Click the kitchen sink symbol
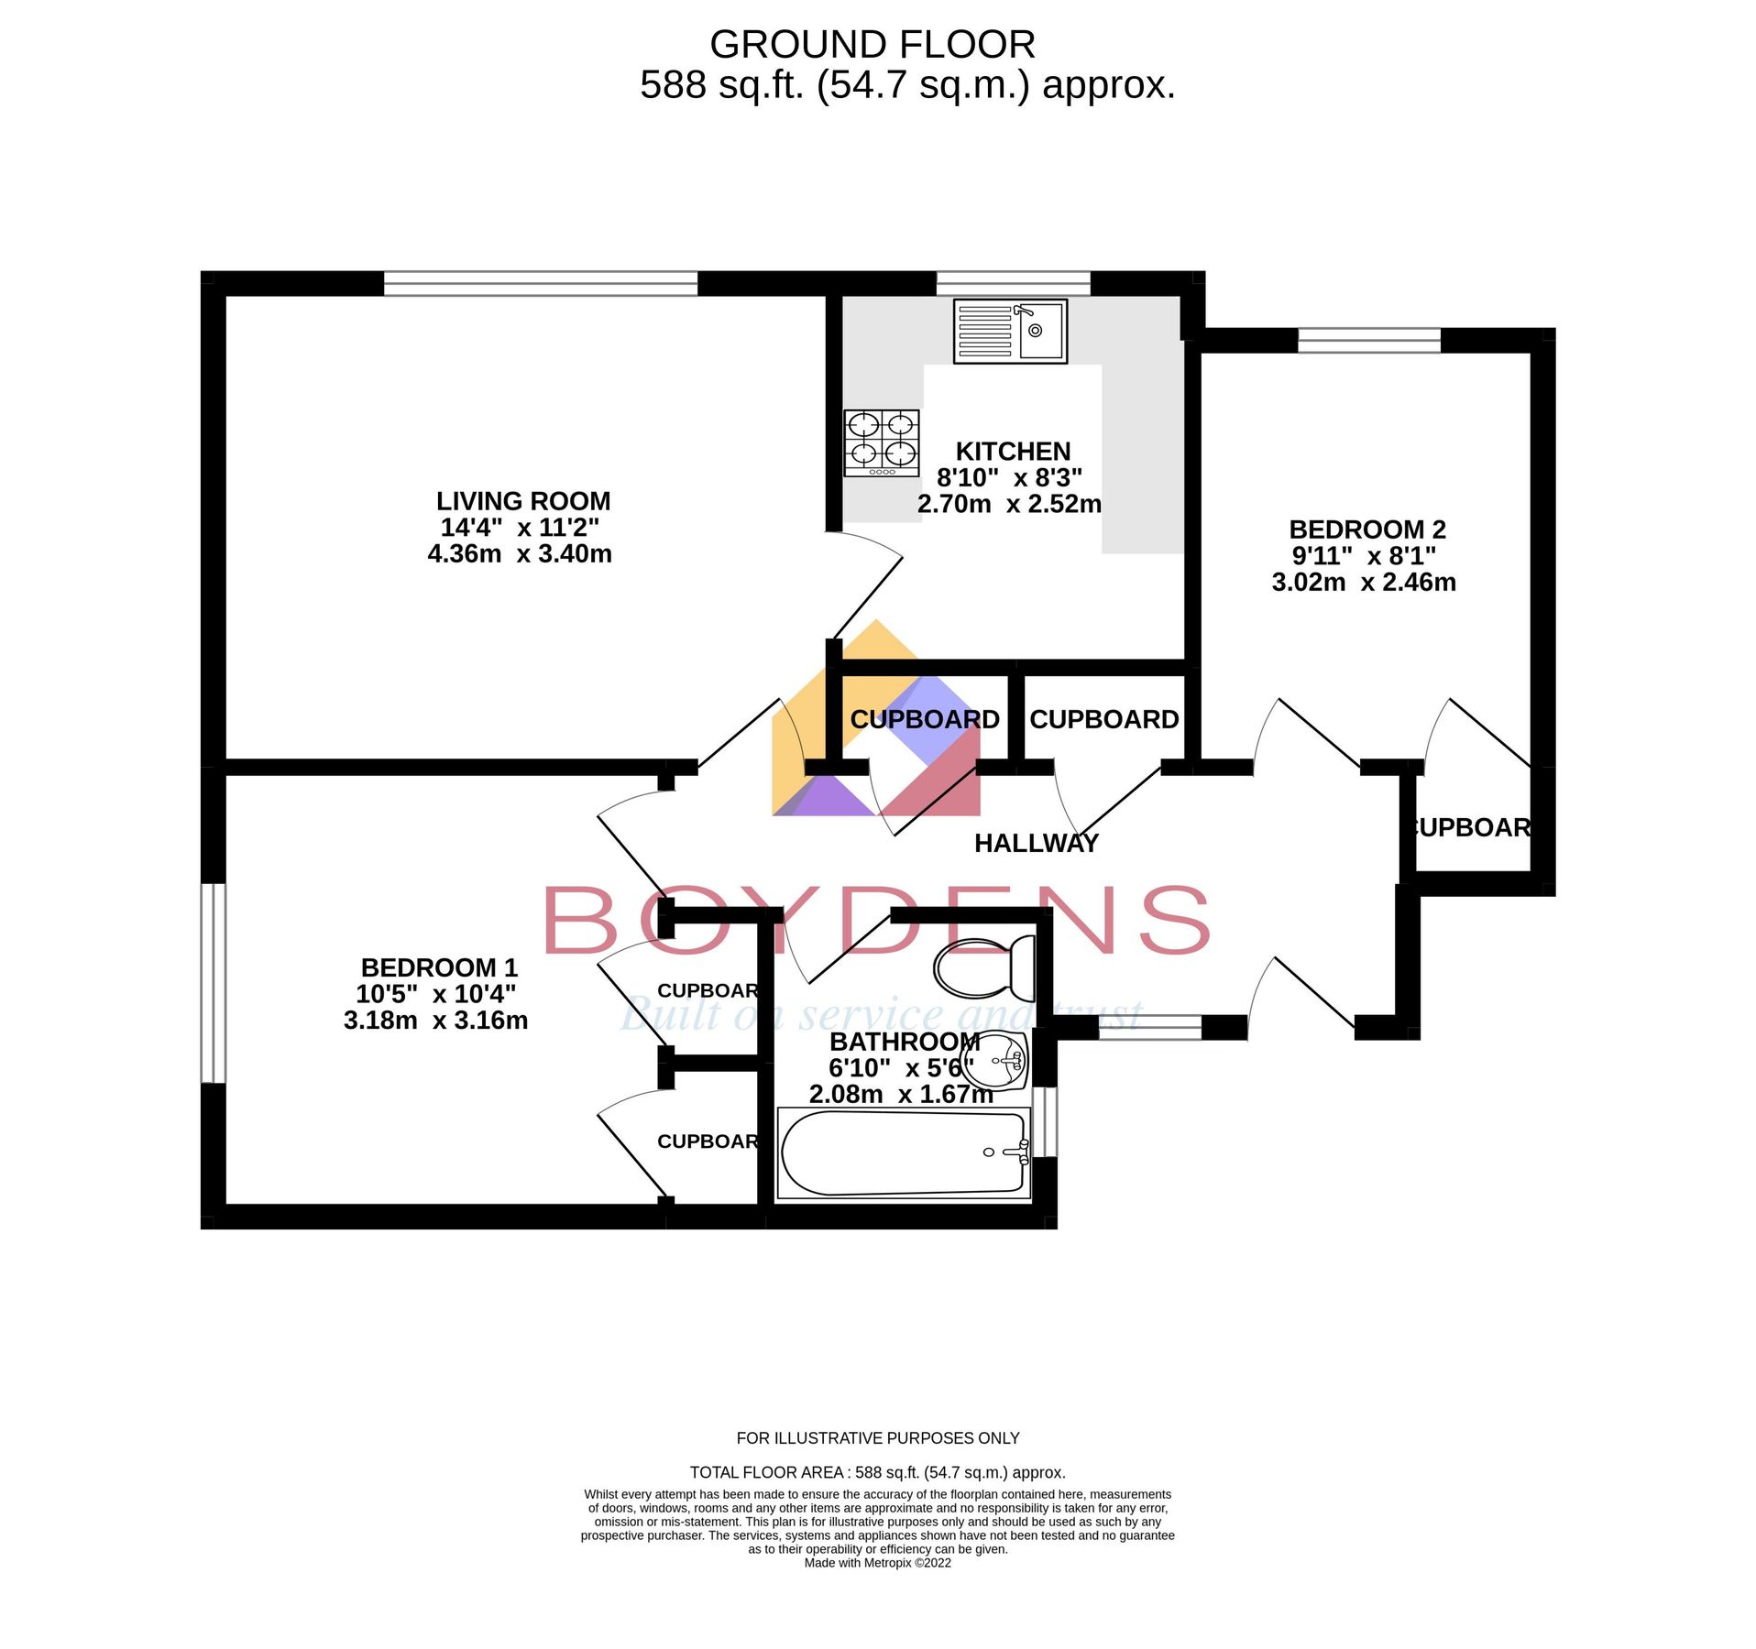pyautogui.click(x=1009, y=331)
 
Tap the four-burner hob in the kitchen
pyautogui.click(x=881, y=442)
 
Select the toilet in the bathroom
pyautogui.click(x=984, y=968)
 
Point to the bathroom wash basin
pyautogui.click(x=997, y=1061)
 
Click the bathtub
pyautogui.click(x=903, y=1153)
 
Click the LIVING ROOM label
pyautogui.click(x=522, y=501)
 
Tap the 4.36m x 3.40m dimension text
pyautogui.click(x=520, y=553)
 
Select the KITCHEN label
pyautogui.click(x=1012, y=451)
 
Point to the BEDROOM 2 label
pyautogui.click(x=1366, y=529)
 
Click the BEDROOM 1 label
pyautogui.click(x=439, y=967)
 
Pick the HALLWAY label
pyautogui.click(x=1036, y=843)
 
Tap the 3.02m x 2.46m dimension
pyautogui.click(x=1363, y=582)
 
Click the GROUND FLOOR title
pyautogui.click(x=872, y=44)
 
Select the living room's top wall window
pyautogui.click(x=540, y=283)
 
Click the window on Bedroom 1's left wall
pyautogui.click(x=213, y=982)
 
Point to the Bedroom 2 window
pyautogui.click(x=1368, y=340)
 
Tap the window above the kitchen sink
pyautogui.click(x=1012, y=283)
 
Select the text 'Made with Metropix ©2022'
pyautogui.click(x=877, y=1563)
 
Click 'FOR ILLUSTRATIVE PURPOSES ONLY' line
pyautogui.click(x=877, y=1438)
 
